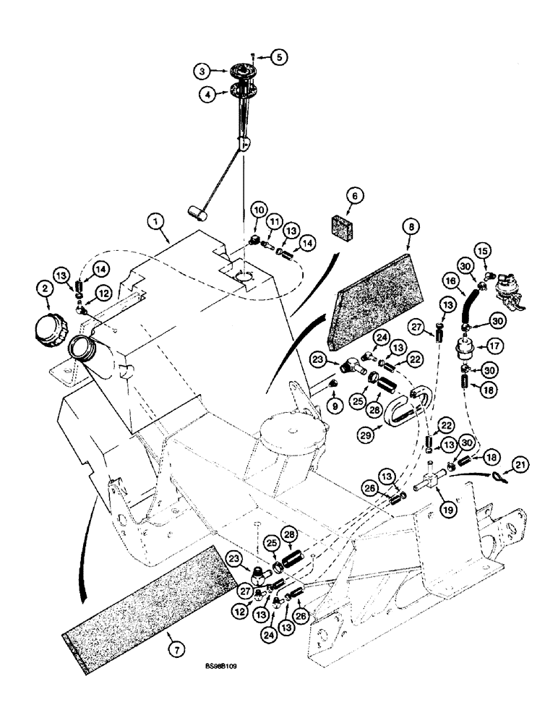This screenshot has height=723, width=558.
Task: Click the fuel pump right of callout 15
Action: (510, 286)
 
